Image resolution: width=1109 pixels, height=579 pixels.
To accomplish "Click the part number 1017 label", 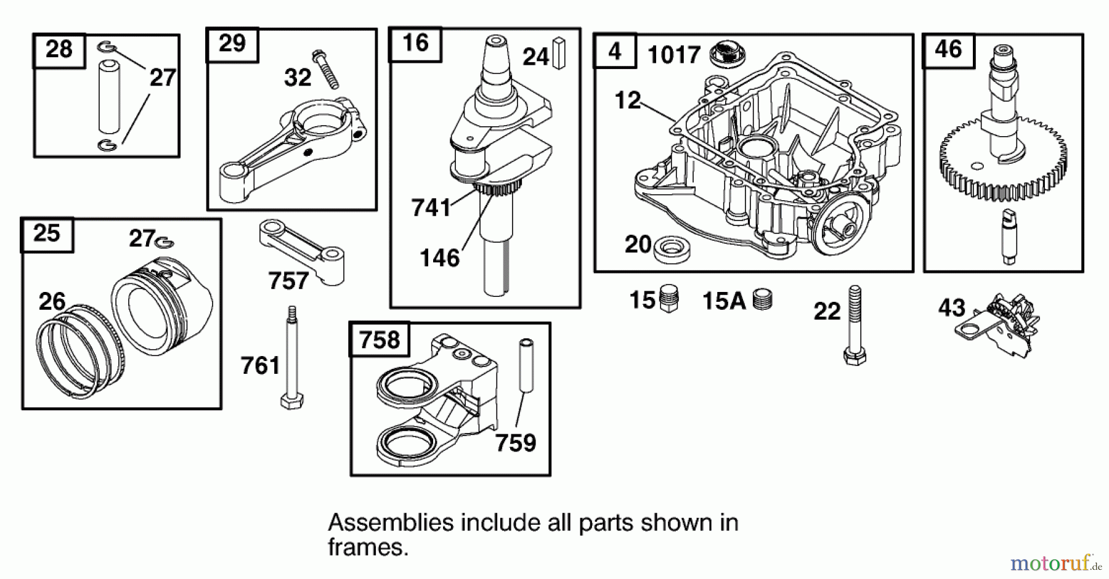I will (x=673, y=55).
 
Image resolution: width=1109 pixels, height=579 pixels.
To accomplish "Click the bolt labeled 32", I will (x=326, y=70).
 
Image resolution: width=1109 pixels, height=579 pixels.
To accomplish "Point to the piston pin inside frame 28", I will (x=109, y=96).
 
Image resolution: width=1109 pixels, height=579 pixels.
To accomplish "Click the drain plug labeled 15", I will (x=668, y=299).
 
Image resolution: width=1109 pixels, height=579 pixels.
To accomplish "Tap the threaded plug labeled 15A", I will (x=762, y=299).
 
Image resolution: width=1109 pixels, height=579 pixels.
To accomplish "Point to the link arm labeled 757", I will (x=302, y=249).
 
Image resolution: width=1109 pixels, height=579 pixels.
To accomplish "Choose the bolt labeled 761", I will (x=291, y=357).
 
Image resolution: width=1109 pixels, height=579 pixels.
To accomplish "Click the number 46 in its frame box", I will (x=948, y=49).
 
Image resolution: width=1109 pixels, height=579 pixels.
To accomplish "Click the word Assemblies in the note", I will (x=389, y=522).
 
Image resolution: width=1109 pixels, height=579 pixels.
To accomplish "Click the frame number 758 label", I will (x=379, y=339).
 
